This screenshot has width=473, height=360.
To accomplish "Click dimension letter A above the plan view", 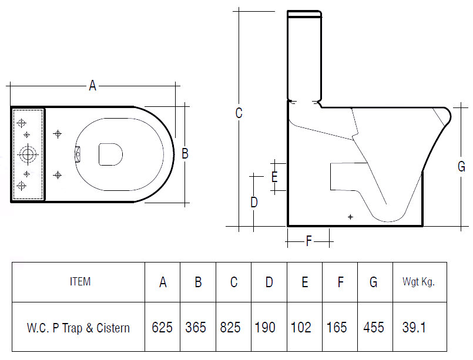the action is click(93, 86).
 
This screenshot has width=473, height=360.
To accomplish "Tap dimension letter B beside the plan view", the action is click(185, 153).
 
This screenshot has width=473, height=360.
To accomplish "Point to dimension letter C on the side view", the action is click(239, 113).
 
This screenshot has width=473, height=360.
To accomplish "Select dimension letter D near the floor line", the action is click(254, 202).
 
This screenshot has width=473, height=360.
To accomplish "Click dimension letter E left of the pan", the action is click(274, 177).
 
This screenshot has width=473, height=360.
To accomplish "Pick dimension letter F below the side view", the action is click(308, 241).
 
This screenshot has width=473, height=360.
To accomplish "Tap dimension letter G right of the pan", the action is click(461, 166).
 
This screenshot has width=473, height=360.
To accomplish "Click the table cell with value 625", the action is click(162, 327).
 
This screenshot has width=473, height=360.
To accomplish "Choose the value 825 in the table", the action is click(230, 327).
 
